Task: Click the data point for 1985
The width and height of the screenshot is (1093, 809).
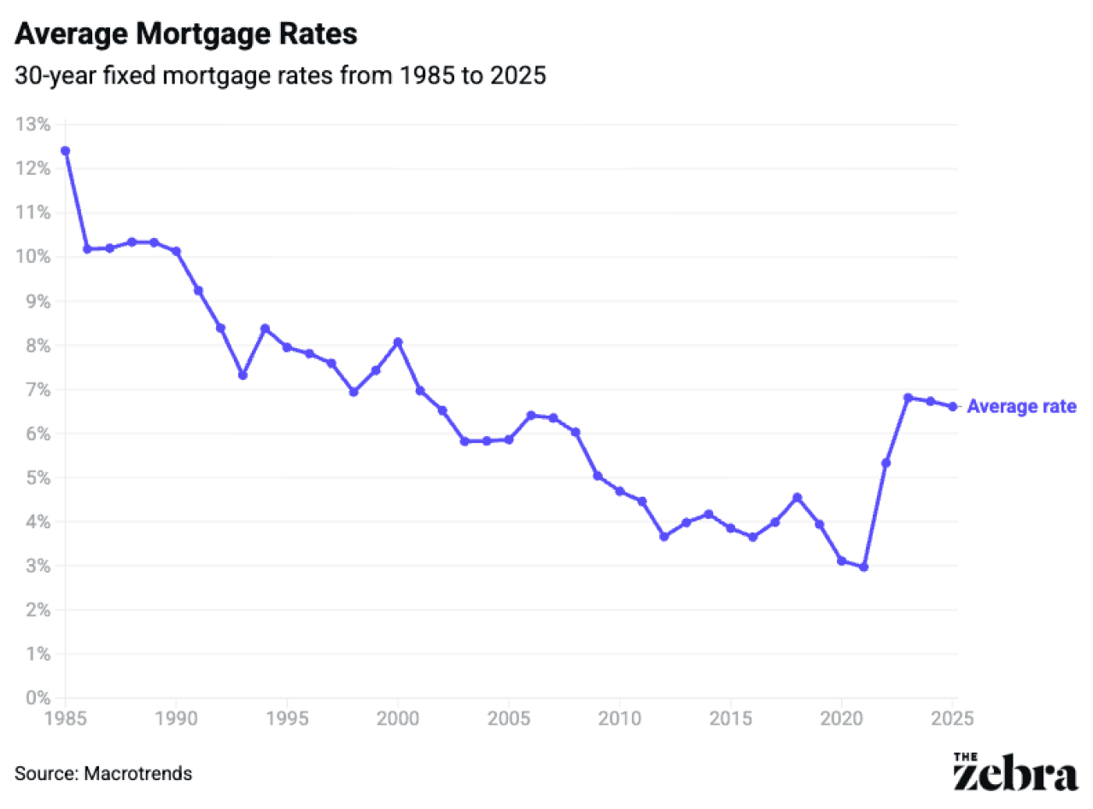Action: tap(65, 151)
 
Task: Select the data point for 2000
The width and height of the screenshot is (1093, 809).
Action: tap(398, 342)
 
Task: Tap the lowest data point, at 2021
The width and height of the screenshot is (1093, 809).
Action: tap(863, 567)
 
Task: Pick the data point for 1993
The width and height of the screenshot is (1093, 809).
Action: tap(243, 375)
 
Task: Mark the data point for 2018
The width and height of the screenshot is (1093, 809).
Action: tap(797, 498)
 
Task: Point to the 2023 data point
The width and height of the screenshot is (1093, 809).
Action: tap(908, 398)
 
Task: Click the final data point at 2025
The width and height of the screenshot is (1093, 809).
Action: tap(952, 406)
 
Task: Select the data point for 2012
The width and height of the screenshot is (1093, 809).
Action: tap(663, 537)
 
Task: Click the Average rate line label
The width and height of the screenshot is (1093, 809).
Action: tap(1021, 407)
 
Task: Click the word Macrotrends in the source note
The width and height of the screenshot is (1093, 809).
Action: tap(138, 774)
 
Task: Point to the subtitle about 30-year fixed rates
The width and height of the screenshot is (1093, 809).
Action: tap(280, 76)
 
